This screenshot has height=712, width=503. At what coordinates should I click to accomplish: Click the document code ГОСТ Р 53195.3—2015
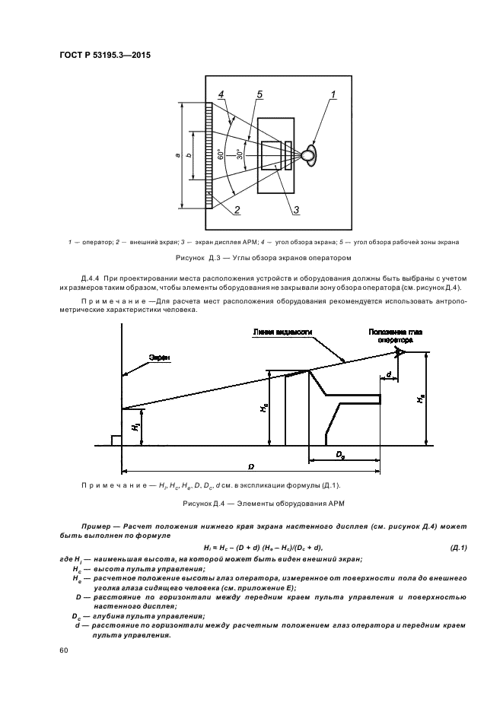click(99, 55)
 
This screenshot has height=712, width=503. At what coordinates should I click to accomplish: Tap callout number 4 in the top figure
click(221, 94)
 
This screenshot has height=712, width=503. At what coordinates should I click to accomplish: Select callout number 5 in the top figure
click(259, 94)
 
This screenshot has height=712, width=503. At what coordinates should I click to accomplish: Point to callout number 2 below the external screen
click(237, 210)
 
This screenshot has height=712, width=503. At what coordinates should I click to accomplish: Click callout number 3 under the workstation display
click(296, 210)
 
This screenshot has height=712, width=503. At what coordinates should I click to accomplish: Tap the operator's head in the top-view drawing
click(308, 155)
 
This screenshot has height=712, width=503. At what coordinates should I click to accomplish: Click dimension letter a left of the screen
click(177, 155)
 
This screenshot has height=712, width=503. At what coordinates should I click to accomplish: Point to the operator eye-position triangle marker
click(399, 351)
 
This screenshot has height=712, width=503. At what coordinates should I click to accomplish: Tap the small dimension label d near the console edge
click(389, 375)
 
